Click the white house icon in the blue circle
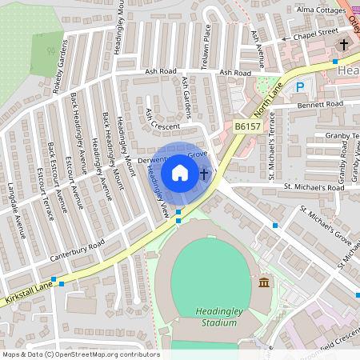pos(180,172)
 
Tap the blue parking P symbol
pos(300,87)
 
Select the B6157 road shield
pos(247,126)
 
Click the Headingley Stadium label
pos(217,317)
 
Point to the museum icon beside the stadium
pos(265,282)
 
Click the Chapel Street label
pos(314,34)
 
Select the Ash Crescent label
pos(161,120)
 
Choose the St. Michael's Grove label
pos(326,223)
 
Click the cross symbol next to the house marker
pos(204,173)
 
